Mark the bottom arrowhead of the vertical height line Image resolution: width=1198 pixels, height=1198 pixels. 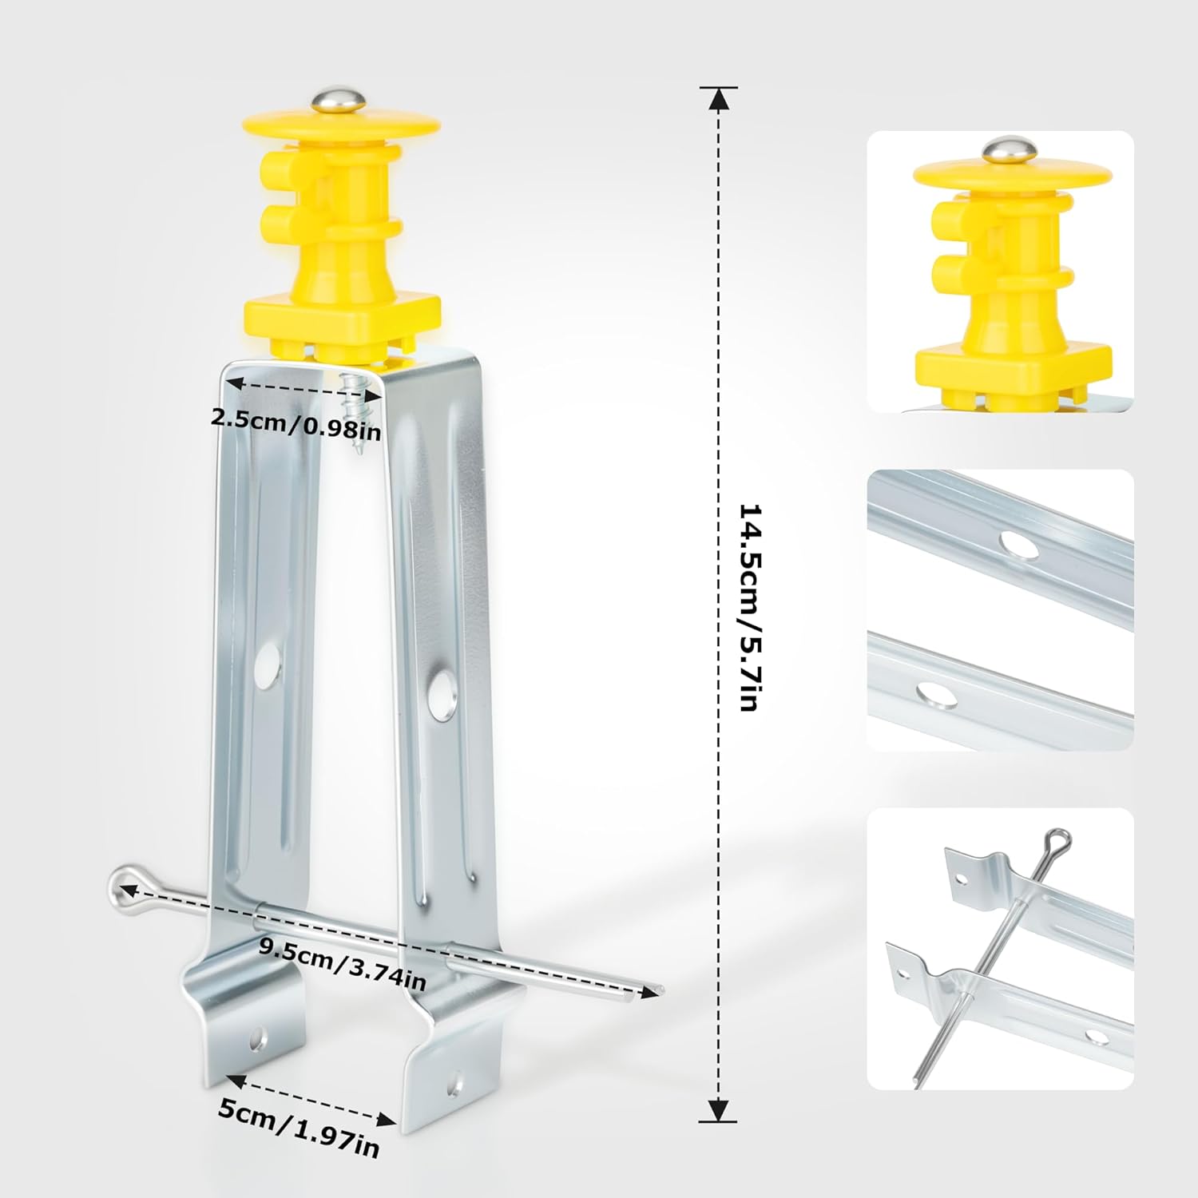tap(719, 1109)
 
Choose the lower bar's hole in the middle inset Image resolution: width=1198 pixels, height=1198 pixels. tap(937, 695)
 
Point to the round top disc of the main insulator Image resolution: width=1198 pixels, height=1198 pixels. tap(342, 126)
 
